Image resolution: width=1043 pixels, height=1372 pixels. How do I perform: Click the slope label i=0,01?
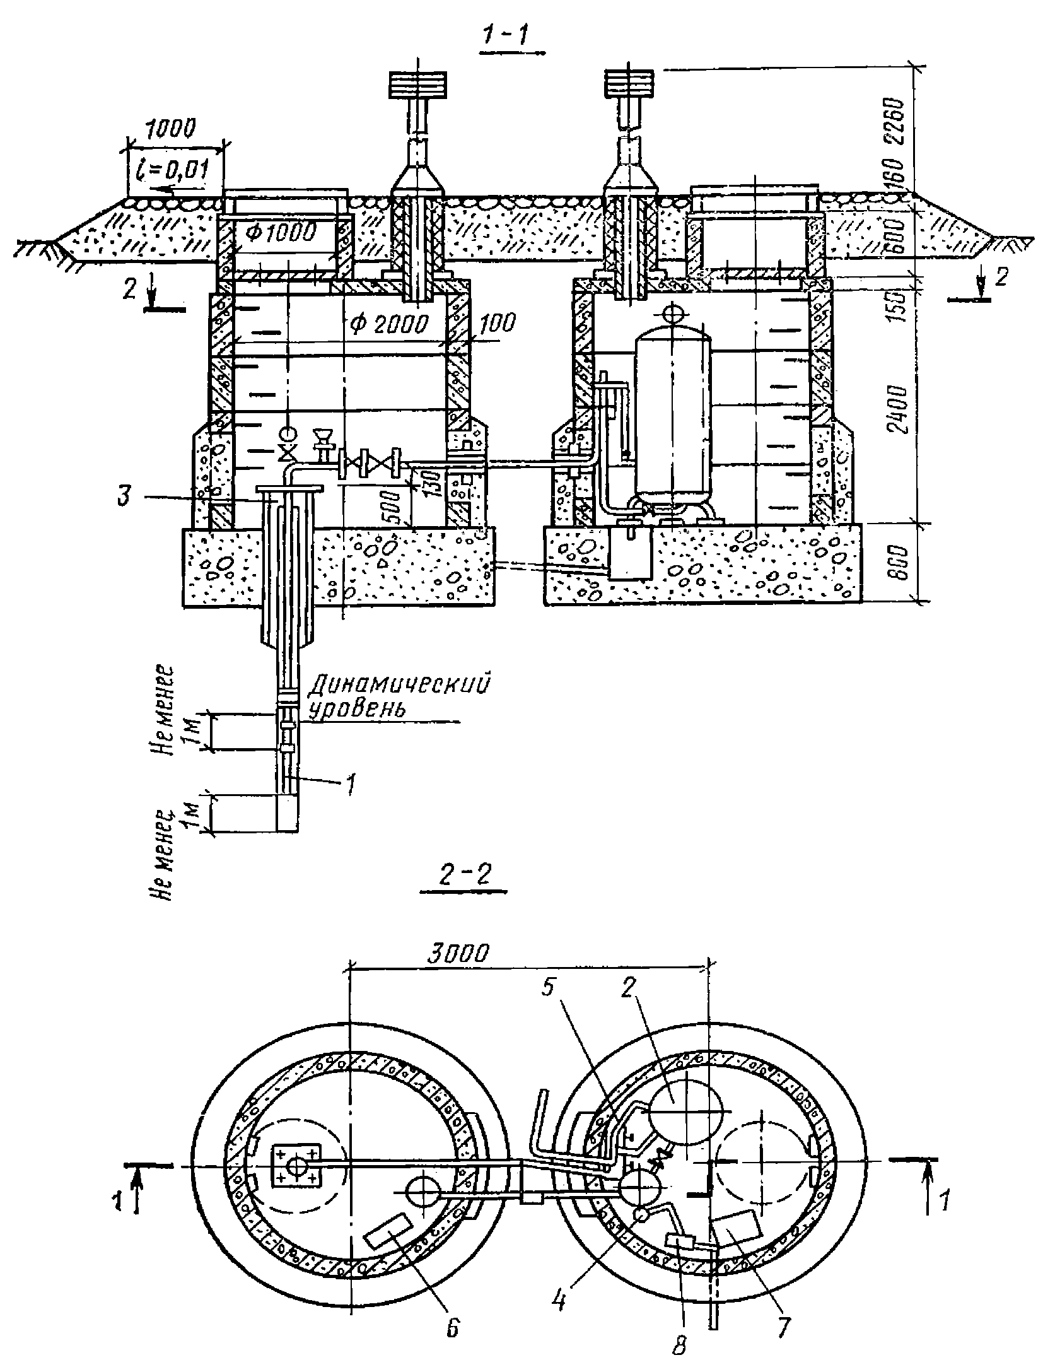pos(175,170)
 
